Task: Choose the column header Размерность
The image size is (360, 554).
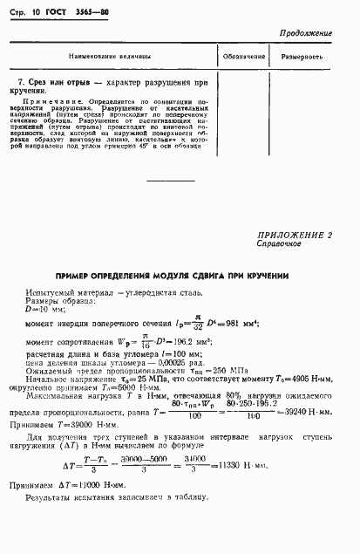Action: pyautogui.click(x=302, y=56)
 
